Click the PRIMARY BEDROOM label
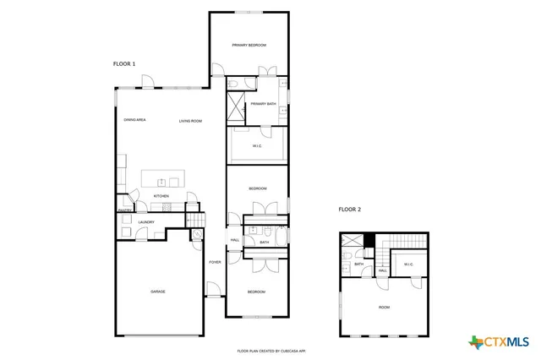point(249,45)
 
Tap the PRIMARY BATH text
point(263,104)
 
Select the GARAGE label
point(158,292)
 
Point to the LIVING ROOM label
point(190,121)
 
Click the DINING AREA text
point(135,120)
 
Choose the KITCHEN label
point(161,196)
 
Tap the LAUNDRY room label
point(146,222)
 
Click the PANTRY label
point(124,210)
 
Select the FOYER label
point(215,263)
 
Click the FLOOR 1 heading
point(124,63)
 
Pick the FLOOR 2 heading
point(350,209)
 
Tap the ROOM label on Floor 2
point(384,307)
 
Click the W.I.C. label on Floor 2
point(408,265)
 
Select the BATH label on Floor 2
point(358,265)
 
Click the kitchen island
point(163,178)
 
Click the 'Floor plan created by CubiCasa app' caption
point(270,350)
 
